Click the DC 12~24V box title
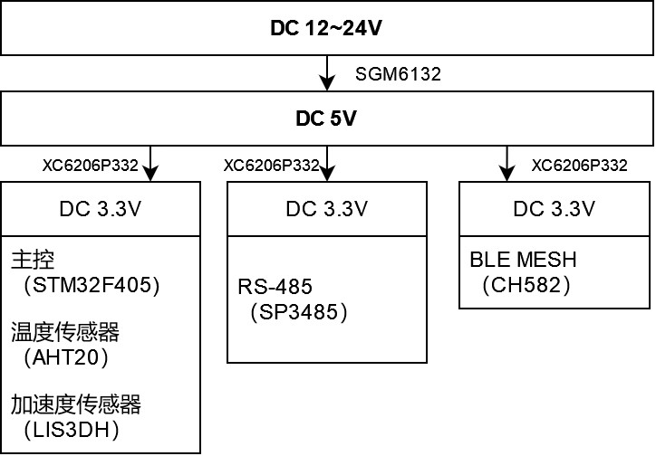(326, 28)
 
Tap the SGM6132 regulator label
(399, 74)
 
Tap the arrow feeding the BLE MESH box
(504, 164)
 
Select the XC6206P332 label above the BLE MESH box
(579, 166)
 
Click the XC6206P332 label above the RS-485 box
(271, 166)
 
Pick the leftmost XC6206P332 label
(90, 166)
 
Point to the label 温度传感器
(65, 332)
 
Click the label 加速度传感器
(77, 403)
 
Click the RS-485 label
(275, 288)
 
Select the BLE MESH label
(523, 261)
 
